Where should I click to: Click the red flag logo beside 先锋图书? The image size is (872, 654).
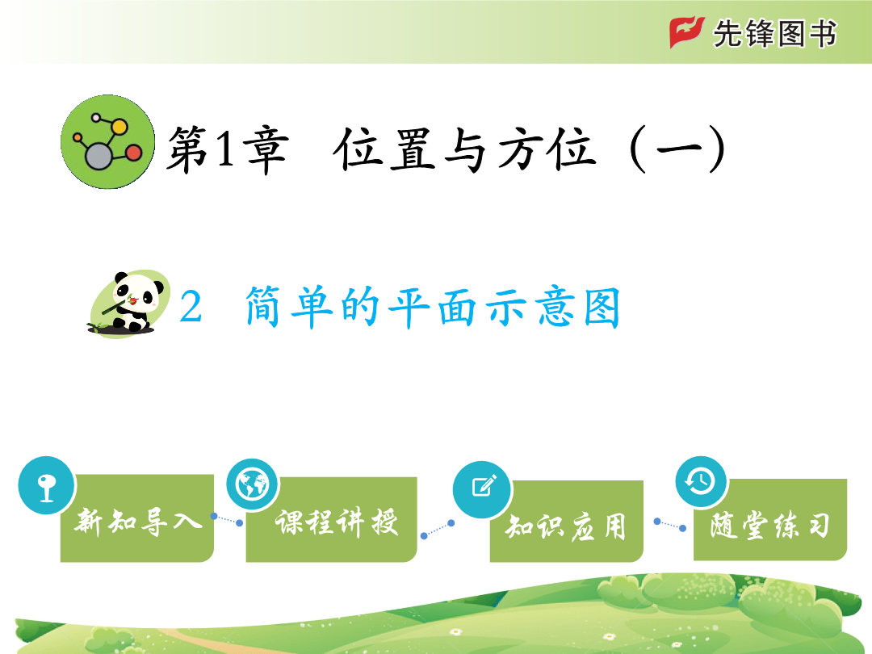point(687,32)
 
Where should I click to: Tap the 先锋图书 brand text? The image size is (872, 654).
point(775,33)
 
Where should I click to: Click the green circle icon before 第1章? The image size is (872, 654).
point(108,142)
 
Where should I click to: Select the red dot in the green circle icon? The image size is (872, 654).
point(133,153)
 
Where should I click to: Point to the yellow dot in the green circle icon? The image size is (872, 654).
point(119,127)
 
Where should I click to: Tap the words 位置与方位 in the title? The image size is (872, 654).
point(464,149)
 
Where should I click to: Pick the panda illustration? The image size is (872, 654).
point(129,304)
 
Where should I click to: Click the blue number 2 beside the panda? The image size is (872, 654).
point(191,307)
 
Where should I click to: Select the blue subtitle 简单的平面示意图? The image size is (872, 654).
point(433,307)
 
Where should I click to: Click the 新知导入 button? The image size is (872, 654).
point(136,518)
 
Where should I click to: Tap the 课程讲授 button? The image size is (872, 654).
point(332,519)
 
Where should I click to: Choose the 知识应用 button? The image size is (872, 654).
point(567,521)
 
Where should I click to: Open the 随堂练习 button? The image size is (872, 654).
point(770,519)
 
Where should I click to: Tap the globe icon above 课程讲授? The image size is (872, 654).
point(253,484)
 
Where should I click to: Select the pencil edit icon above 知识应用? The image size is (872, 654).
point(482,489)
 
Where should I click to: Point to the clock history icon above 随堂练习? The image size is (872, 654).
point(702,481)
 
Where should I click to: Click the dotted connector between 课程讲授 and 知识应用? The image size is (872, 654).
point(438,529)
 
